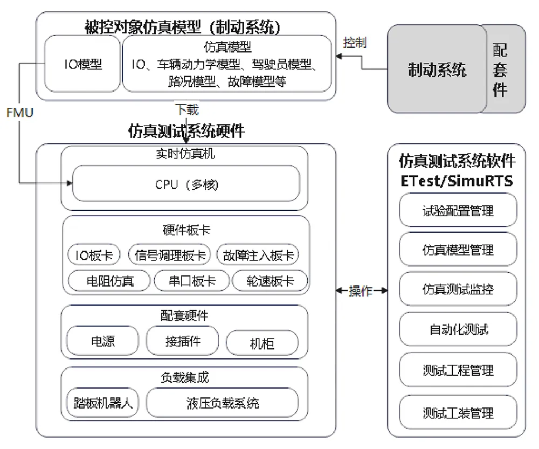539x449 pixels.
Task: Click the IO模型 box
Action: pyautogui.click(x=82, y=64)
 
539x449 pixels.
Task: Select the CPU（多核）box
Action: pyautogui.click(x=186, y=184)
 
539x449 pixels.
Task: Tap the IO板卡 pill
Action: pyautogui.click(x=94, y=255)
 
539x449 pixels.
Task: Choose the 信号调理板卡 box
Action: pyautogui.click(x=169, y=255)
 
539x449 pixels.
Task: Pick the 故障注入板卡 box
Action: pyautogui.click(x=258, y=255)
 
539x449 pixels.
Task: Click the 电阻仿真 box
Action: pyautogui.click(x=109, y=280)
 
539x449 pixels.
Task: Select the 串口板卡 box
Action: pyautogui.click(x=192, y=280)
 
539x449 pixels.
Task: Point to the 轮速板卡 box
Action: pyautogui.click(x=270, y=280)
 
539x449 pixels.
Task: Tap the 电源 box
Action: pyautogui.click(x=103, y=341)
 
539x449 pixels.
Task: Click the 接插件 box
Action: pyautogui.click(x=183, y=341)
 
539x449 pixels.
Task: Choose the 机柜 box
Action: pyautogui.click(x=262, y=343)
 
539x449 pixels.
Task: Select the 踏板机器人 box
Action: pyautogui.click(x=102, y=402)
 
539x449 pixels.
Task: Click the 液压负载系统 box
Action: pyautogui.click(x=223, y=402)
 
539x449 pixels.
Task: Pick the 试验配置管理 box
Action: pyautogui.click(x=458, y=210)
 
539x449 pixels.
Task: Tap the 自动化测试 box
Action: pyautogui.click(x=458, y=329)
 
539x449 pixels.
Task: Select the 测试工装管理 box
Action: pyautogui.click(x=458, y=412)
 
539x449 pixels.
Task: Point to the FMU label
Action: pyautogui.click(x=20, y=113)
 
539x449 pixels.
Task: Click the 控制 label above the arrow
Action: pyautogui.click(x=355, y=43)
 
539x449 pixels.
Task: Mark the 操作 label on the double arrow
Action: pyautogui.click(x=361, y=291)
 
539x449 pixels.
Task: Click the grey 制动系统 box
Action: pyautogui.click(x=437, y=69)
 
